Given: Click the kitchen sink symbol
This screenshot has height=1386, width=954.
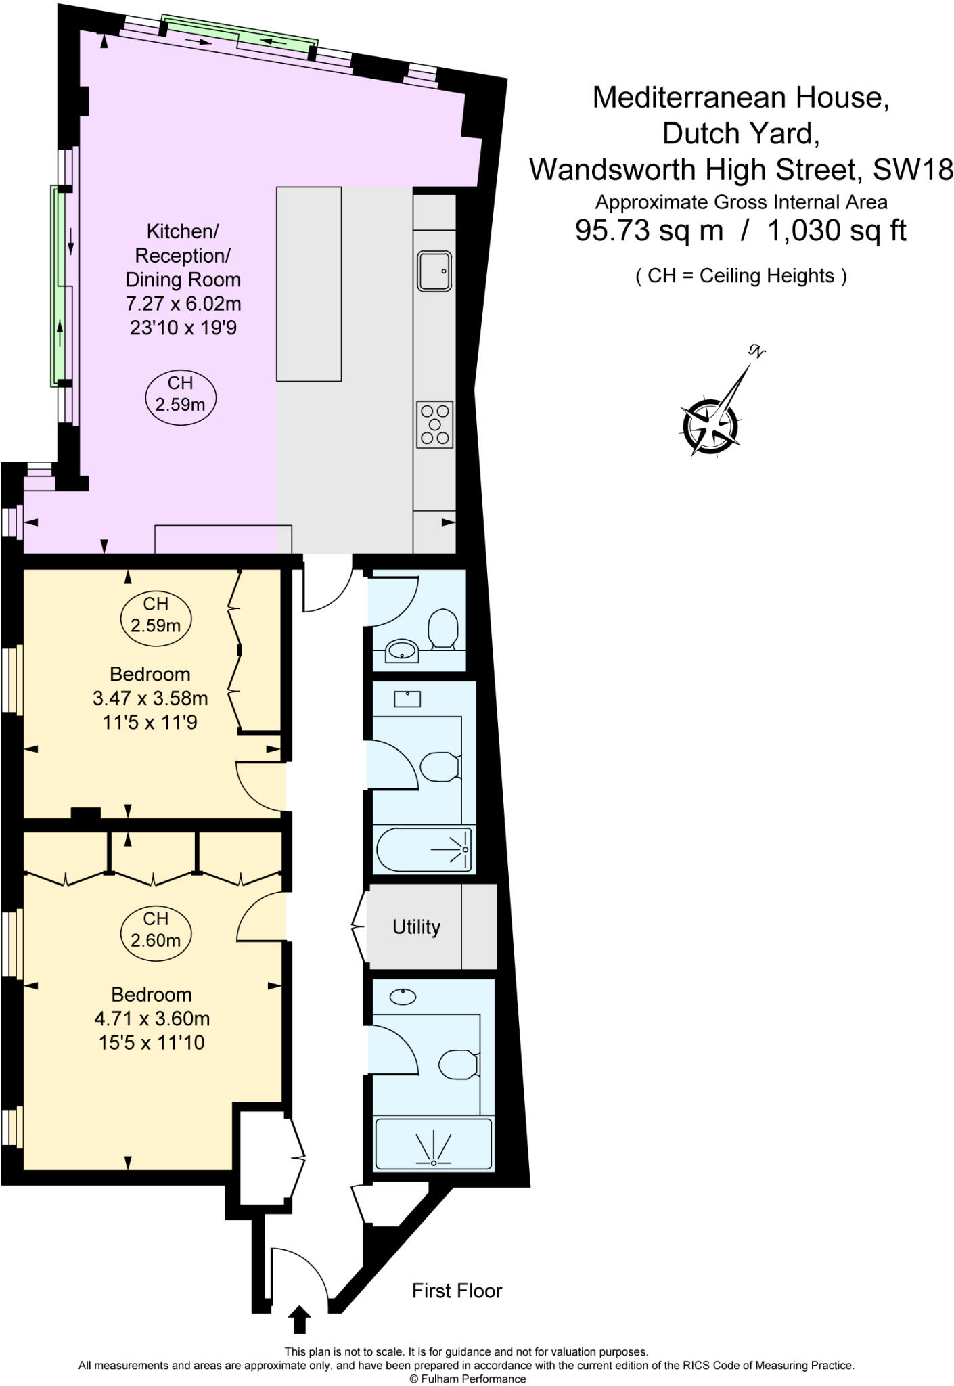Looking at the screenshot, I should point(434,271).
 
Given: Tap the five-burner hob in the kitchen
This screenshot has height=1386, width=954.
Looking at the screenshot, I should point(434,424).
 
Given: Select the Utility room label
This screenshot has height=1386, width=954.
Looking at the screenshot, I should point(416,926).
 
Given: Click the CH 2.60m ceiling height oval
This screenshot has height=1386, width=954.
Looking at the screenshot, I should point(156,929).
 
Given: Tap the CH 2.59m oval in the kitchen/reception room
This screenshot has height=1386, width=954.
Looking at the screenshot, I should point(180,395).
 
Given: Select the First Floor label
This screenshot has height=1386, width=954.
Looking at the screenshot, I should point(457,1291).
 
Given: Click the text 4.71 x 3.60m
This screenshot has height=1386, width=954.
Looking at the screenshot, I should point(152,1018).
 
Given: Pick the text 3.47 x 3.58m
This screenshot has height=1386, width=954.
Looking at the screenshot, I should point(150,698).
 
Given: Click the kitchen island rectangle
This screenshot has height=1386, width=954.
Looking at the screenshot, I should point(309,284).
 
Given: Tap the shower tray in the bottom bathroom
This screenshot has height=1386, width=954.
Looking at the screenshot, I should point(434,1144).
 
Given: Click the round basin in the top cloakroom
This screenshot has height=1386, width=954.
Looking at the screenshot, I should point(402,651).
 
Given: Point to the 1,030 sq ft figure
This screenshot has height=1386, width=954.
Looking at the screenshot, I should point(836,231).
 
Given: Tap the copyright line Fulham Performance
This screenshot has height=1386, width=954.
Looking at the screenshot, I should point(467,1379).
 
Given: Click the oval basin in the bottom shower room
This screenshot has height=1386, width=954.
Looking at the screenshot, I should point(403,996).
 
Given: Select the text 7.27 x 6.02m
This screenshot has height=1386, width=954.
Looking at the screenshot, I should point(183,303).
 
